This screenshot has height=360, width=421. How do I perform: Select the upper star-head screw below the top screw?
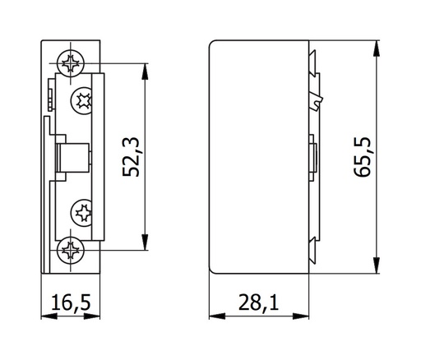coord(83,101)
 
